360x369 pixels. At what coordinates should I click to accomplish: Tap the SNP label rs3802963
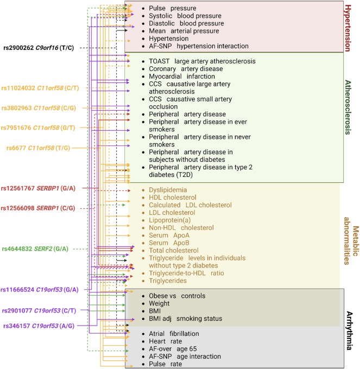point(16,108)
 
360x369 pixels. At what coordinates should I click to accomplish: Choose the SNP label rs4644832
point(16,249)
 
